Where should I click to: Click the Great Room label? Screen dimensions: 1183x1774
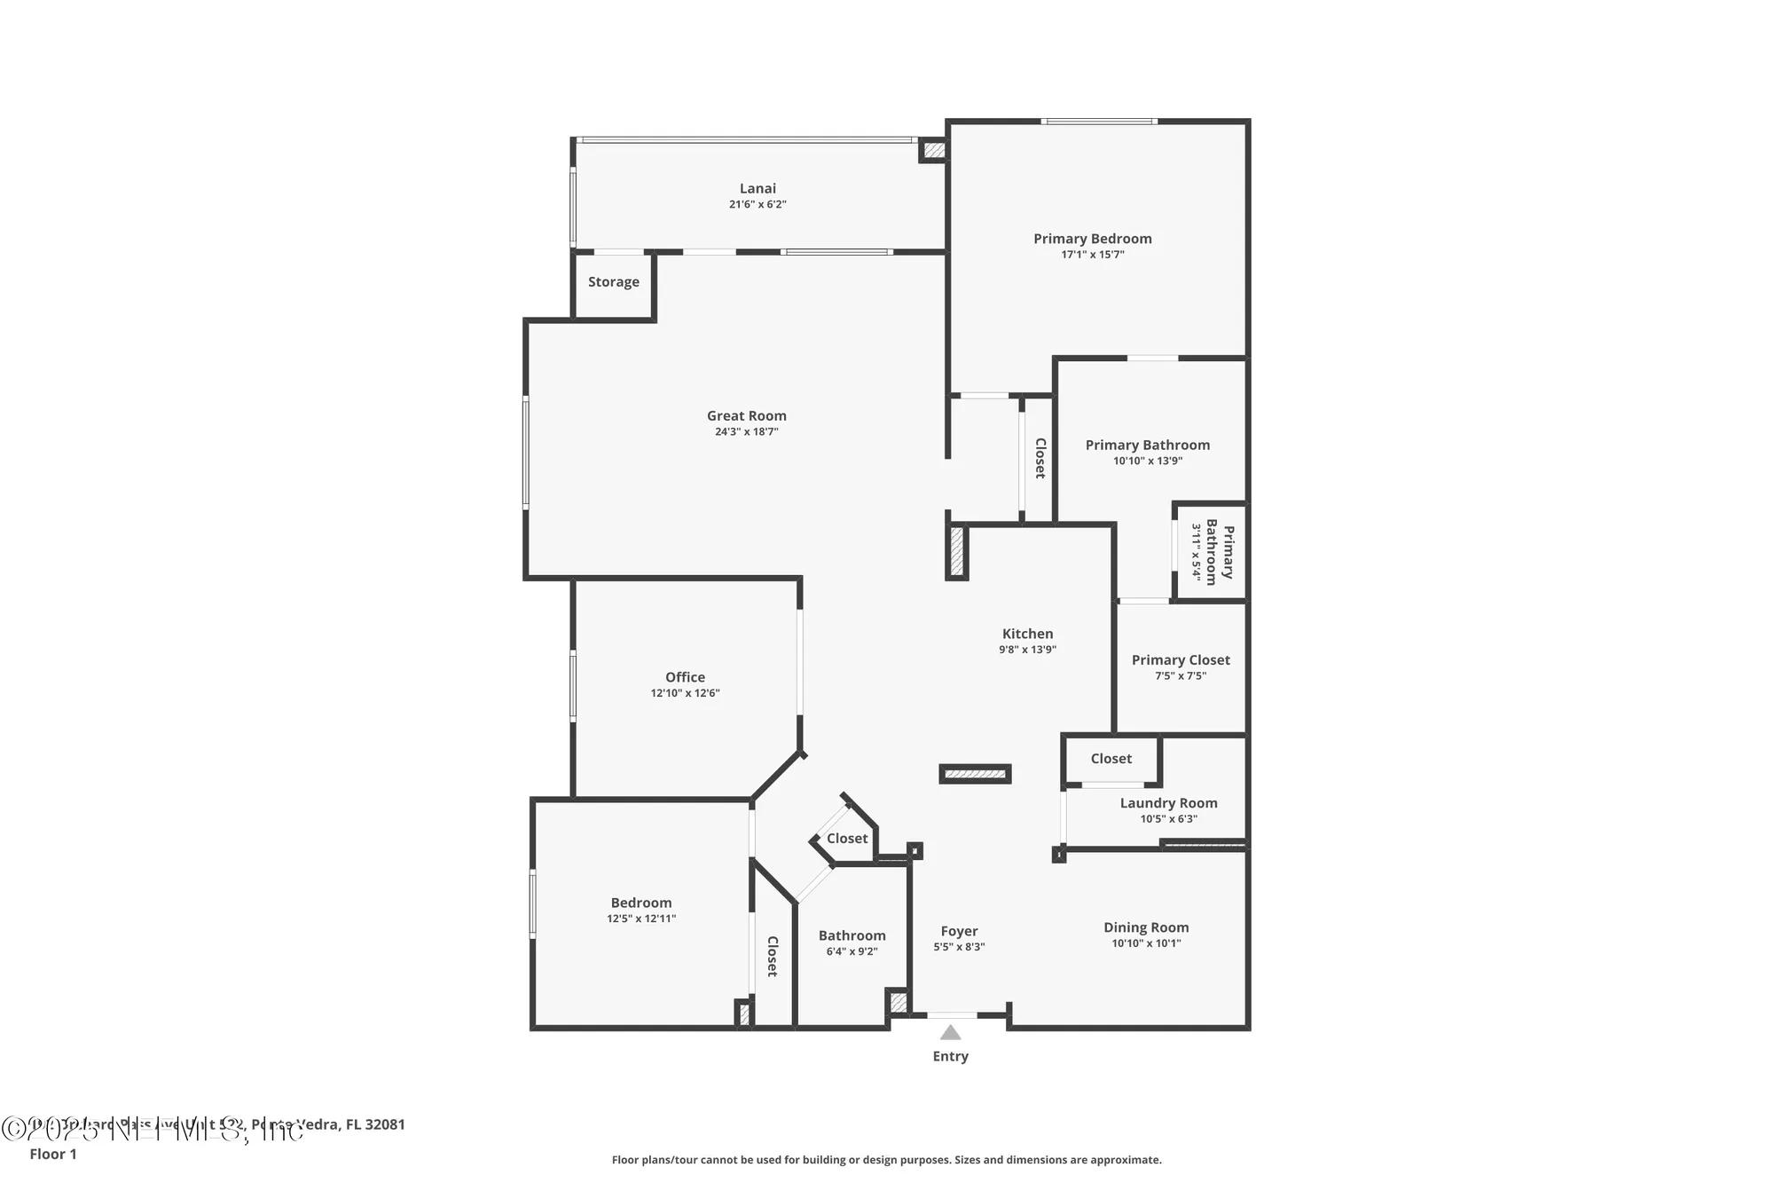(x=746, y=415)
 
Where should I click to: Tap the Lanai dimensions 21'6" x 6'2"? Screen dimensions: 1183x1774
(x=757, y=204)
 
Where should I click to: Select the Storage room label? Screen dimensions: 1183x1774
(x=613, y=281)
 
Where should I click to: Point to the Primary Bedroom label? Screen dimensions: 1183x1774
(x=1092, y=238)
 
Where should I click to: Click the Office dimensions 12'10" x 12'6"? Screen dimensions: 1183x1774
(x=685, y=693)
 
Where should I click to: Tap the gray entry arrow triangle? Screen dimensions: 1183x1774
(x=950, y=1032)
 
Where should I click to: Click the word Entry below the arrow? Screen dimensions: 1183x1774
(x=950, y=1056)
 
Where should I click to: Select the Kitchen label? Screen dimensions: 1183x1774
(x=1027, y=634)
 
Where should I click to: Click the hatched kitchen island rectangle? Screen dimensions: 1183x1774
(x=975, y=774)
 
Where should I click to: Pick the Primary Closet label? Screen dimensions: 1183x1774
(x=1181, y=659)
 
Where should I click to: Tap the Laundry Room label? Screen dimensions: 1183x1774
(x=1168, y=802)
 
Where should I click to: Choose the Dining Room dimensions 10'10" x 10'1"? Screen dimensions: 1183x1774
(x=1146, y=942)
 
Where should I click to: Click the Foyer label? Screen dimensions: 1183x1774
(x=959, y=931)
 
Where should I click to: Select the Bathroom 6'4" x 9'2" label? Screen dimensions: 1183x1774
(x=852, y=935)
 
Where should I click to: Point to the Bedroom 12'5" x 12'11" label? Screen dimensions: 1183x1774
(x=640, y=903)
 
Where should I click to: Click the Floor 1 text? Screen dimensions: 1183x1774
(x=53, y=1154)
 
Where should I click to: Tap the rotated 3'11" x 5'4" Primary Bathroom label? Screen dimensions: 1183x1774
(x=1212, y=552)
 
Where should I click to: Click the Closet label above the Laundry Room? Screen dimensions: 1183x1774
(x=1111, y=758)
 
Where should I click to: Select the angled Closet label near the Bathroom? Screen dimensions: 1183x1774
(x=847, y=838)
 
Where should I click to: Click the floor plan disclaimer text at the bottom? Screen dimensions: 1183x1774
(x=886, y=1159)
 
